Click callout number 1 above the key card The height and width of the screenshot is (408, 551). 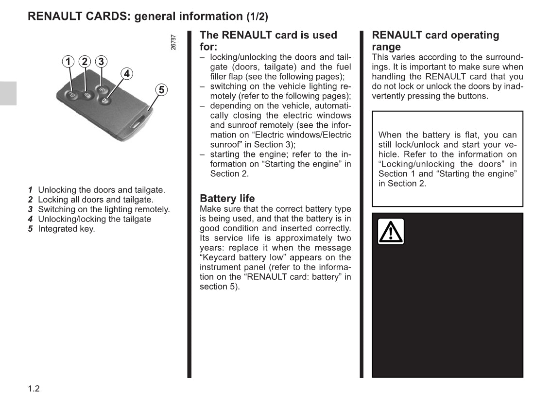tap(69, 62)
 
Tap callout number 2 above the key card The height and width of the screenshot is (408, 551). tap(85, 62)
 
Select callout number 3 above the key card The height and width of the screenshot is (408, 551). tap(101, 62)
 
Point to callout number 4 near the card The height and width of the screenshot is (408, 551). tap(126, 74)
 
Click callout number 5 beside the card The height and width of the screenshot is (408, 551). tap(161, 90)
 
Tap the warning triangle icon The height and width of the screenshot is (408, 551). tap(391, 232)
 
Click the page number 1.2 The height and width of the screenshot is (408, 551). tap(34, 389)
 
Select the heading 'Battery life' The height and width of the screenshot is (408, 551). tap(227, 198)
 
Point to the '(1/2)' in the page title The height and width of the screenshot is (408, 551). tap(257, 17)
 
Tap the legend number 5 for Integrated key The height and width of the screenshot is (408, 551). tap(30, 229)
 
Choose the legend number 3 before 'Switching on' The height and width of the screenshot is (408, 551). tap(30, 209)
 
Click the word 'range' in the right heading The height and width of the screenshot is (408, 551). tap(386, 47)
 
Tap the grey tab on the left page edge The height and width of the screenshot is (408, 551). tap(8, 93)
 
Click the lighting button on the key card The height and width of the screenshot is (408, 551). tap(101, 90)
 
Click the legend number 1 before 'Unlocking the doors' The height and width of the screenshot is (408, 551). tap(30, 190)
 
